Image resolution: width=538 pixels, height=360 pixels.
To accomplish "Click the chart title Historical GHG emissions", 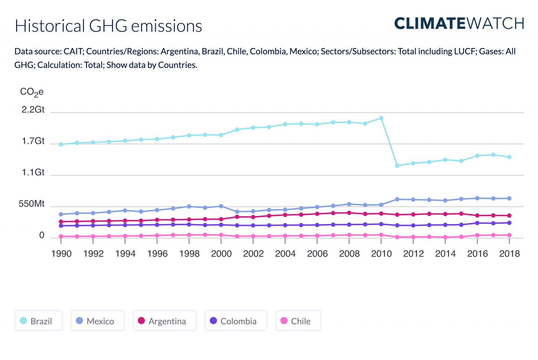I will [108, 26].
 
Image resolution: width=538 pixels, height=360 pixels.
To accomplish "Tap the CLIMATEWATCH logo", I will [459, 23].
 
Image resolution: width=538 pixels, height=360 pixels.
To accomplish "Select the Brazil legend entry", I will [39, 321].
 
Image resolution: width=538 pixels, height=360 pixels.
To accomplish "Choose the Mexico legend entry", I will [98, 321].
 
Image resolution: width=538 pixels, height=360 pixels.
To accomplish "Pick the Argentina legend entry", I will [165, 321].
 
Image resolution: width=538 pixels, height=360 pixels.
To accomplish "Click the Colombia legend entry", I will [236, 321].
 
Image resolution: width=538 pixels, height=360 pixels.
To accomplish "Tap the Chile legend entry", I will [298, 321].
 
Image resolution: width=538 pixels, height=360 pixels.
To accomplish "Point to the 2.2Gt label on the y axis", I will [33, 110].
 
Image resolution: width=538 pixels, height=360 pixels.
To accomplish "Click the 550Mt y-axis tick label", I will [32, 204].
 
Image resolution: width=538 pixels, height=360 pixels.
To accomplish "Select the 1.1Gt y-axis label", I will [33, 172].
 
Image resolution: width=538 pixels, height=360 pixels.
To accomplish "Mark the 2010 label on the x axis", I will [381, 254].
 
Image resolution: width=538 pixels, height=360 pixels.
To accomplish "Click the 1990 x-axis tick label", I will [61, 254].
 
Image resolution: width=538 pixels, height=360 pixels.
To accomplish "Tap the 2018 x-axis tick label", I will [509, 254].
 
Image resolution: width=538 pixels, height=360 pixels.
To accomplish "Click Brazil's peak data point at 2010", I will [381, 118].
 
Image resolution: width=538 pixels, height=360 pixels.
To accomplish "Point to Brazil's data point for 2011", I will [397, 166].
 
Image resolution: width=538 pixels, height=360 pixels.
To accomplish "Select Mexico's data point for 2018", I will [509, 199].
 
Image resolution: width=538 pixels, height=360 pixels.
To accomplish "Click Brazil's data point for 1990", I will [61, 144].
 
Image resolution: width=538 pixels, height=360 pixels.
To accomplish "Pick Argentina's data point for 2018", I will [509, 216].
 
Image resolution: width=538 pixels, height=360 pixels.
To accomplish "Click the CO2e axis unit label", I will [32, 92].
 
